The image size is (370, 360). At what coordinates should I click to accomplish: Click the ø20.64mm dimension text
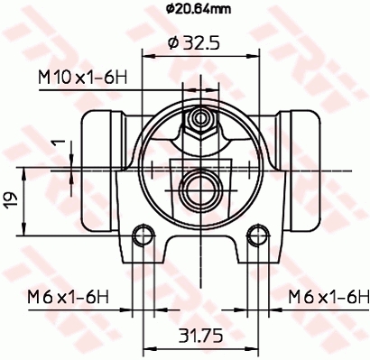tap(199, 9)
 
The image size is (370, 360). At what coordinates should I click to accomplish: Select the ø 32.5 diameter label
tap(194, 43)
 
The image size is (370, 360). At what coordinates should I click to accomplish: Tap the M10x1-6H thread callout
tap(83, 78)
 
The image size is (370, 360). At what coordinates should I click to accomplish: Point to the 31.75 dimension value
tap(201, 336)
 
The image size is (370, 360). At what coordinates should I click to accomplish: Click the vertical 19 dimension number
tap(11, 200)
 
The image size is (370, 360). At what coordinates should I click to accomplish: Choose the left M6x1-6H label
tap(68, 297)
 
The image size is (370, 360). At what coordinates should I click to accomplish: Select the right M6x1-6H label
tap(328, 297)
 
